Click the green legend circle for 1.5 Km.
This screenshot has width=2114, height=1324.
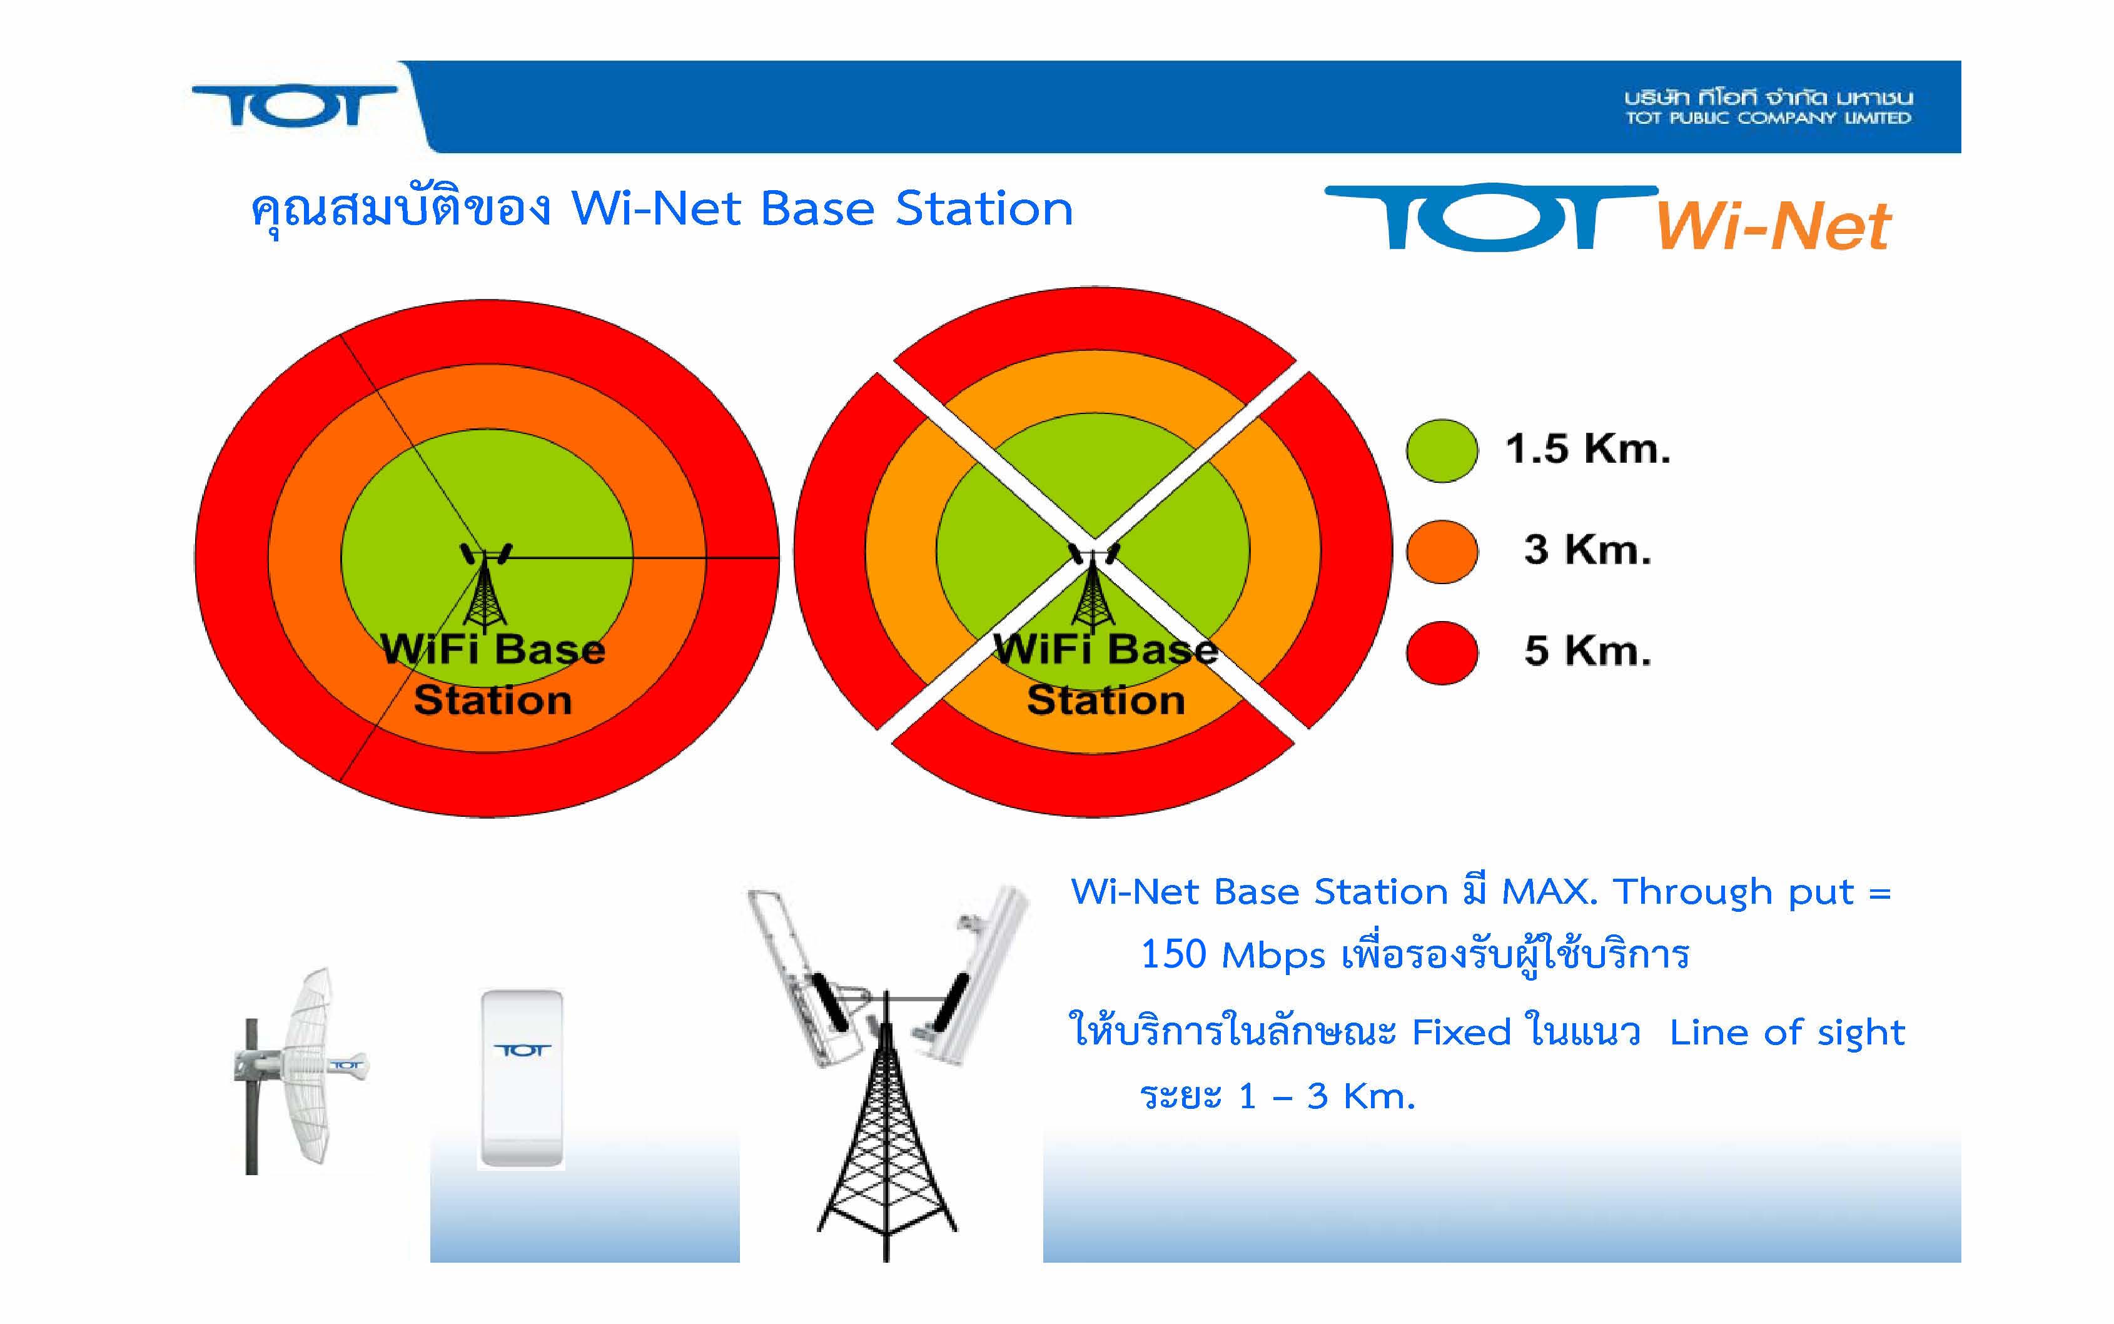1442,450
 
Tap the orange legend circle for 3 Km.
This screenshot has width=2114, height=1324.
1442,552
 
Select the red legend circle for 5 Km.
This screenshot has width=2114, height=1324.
1442,652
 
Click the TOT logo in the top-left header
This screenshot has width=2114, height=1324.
294,106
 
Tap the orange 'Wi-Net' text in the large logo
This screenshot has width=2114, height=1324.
1773,226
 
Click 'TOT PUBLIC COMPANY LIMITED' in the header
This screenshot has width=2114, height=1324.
1768,118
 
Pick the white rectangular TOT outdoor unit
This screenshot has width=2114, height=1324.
522,1079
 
